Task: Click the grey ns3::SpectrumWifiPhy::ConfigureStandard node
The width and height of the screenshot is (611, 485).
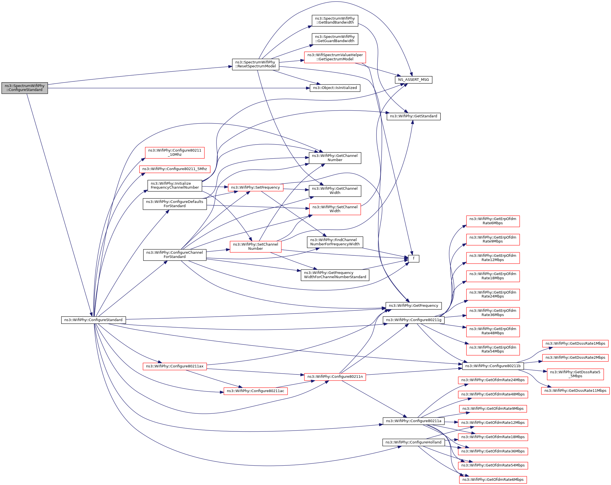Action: (x=25, y=88)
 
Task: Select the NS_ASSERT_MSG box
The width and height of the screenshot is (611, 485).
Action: (x=413, y=80)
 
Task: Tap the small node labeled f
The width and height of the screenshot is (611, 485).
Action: (x=413, y=258)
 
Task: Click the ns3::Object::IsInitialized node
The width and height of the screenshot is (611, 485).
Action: (x=335, y=88)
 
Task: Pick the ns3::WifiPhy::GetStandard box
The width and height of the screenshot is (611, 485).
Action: (x=413, y=116)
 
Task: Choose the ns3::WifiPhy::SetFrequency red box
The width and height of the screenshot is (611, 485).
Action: (x=255, y=187)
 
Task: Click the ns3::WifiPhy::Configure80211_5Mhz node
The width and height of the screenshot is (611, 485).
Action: (x=174, y=169)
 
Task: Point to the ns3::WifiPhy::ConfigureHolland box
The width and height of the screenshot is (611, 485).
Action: (x=413, y=442)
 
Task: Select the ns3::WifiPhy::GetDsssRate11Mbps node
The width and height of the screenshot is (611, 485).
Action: (x=575, y=391)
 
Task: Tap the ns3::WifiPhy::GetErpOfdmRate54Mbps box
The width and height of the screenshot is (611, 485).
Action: (x=493, y=349)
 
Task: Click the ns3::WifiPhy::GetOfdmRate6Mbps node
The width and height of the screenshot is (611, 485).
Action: (x=493, y=480)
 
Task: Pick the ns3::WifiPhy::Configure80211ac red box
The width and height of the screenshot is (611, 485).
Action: (x=255, y=391)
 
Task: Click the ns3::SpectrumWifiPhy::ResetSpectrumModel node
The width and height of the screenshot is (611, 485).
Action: (x=255, y=64)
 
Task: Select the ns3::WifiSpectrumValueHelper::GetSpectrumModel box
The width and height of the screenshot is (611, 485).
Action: (x=335, y=57)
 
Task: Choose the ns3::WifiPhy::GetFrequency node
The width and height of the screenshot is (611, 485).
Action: (x=413, y=306)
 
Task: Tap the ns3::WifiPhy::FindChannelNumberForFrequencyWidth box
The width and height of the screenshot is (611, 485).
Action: (x=335, y=242)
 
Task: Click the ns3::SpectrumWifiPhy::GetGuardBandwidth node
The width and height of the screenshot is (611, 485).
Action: (x=335, y=39)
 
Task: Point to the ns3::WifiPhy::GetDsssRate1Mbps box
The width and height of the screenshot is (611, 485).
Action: (x=575, y=343)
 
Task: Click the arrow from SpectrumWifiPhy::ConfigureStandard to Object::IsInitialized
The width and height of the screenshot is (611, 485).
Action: (x=179, y=88)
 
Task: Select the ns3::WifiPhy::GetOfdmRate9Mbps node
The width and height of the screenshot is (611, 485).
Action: (x=493, y=408)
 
